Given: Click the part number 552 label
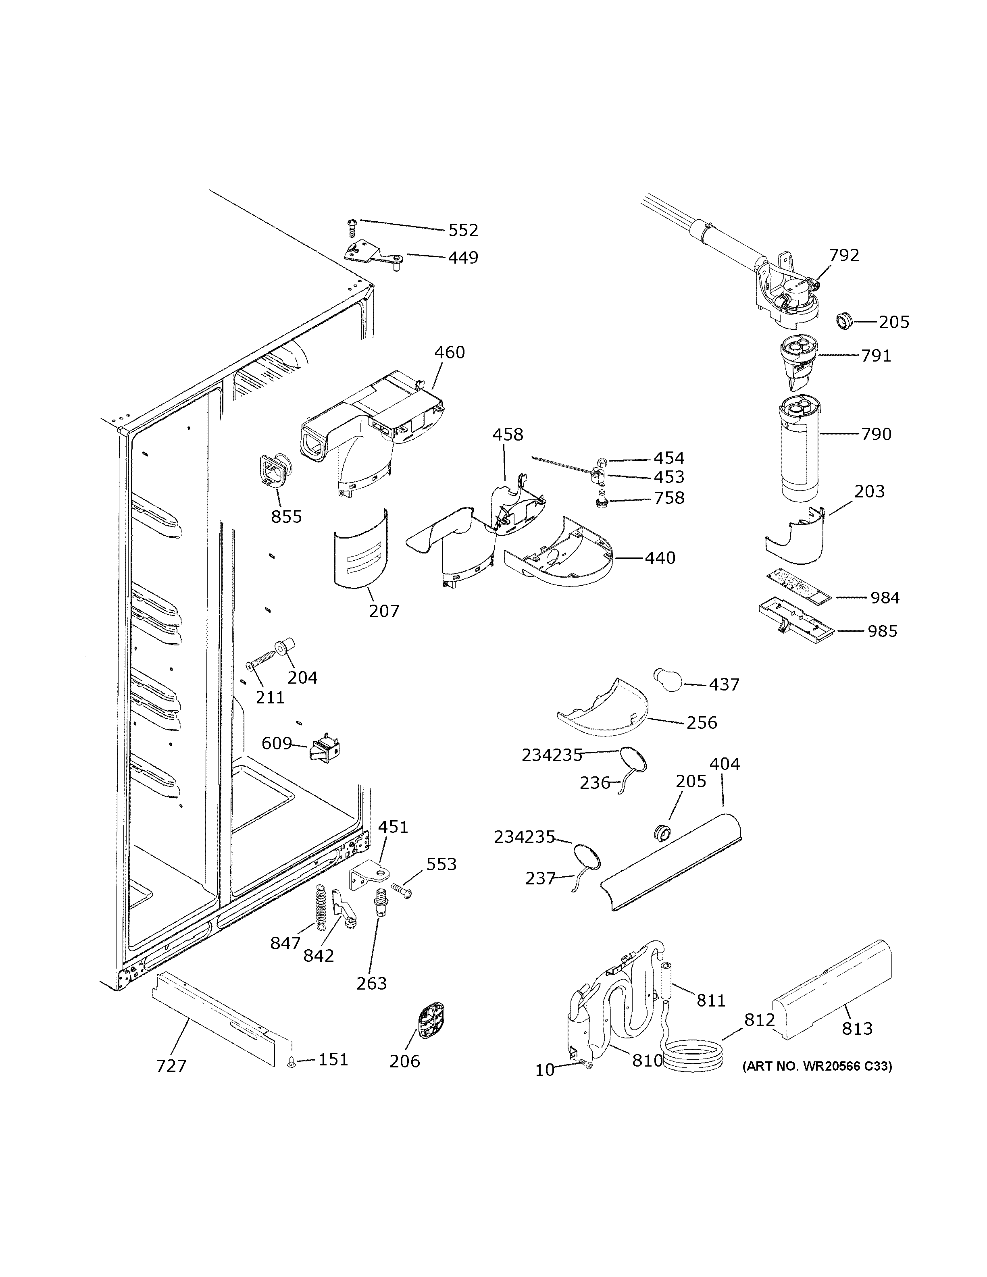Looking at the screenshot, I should click(463, 231).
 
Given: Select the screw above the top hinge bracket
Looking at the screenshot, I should click(352, 226).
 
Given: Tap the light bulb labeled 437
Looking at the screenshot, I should click(668, 680).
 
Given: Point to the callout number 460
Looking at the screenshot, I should click(450, 353).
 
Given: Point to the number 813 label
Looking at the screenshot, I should click(857, 1029).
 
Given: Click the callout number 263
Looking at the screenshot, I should click(372, 984).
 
